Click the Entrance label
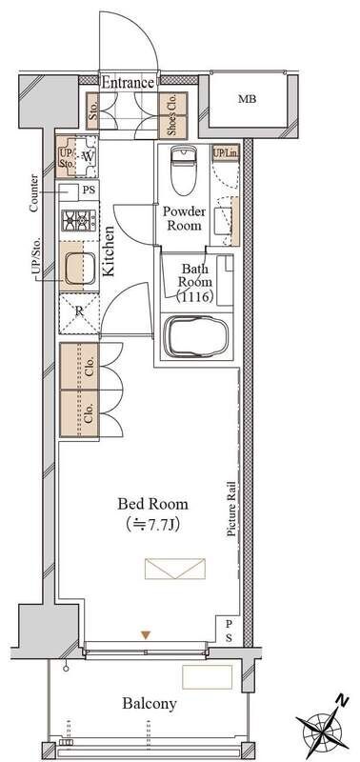point(129,83)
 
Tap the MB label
point(248,100)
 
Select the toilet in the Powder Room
point(183,170)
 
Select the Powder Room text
point(181,218)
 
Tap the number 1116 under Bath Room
point(194,296)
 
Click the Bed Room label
point(152,504)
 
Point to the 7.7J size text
point(153,525)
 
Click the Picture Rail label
point(231,509)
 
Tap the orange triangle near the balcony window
point(146,634)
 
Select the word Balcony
point(150,703)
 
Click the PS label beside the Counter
point(89,190)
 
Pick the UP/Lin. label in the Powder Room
point(225,153)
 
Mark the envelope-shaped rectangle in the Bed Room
point(175,569)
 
